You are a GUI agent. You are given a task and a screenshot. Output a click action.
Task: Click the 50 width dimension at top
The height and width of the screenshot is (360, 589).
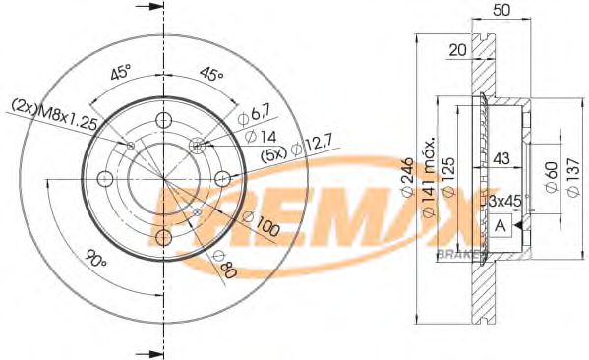tap(501, 11)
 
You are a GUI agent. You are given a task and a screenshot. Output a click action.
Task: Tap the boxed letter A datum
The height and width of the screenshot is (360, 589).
tap(501, 225)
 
